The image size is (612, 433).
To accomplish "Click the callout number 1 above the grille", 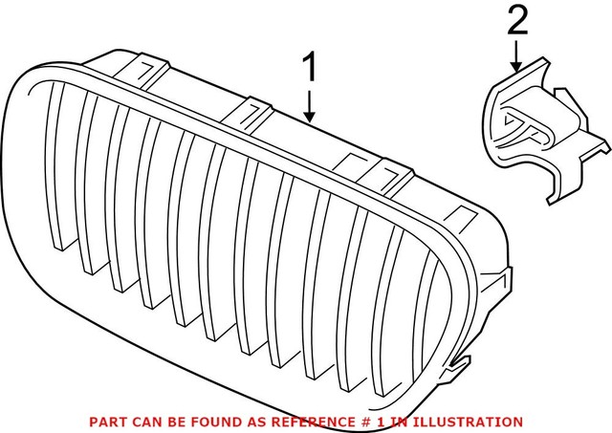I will pyautogui.click(x=308, y=68).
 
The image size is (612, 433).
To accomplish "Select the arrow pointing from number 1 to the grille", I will pyautogui.click(x=309, y=105).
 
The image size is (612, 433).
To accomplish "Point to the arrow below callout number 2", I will pyautogui.click(x=516, y=57).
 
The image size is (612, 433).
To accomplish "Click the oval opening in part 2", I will pyautogui.click(x=522, y=123).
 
